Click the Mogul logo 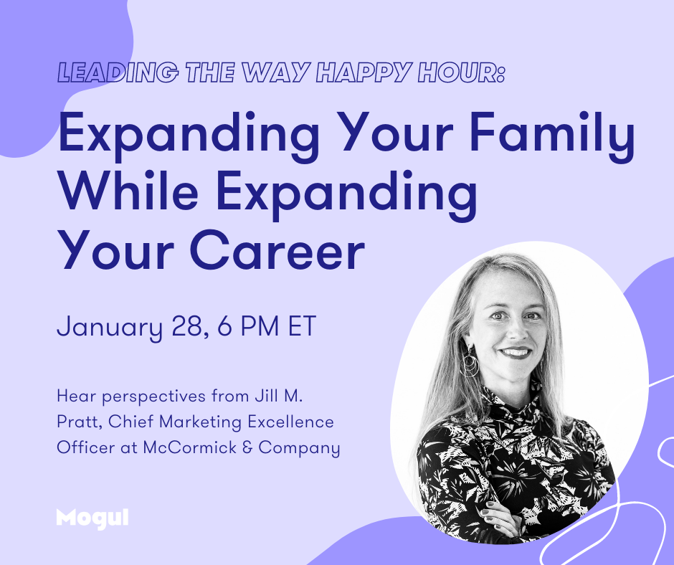[x=92, y=518]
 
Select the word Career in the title [x=277, y=250]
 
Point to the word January [x=110, y=328]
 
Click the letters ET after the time [x=302, y=326]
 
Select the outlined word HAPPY [x=364, y=72]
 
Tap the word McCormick [x=189, y=447]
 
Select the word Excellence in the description [x=290, y=422]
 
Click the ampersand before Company [x=247, y=447]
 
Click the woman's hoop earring [x=469, y=364]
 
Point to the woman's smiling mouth [x=515, y=353]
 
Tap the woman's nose [x=517, y=331]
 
